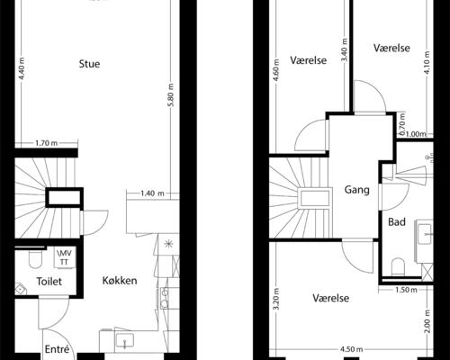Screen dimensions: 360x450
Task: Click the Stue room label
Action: tap(89, 64)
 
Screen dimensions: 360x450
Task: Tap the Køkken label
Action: tap(120, 281)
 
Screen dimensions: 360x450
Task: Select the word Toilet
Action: tap(48, 282)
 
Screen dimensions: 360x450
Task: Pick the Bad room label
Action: tap(396, 221)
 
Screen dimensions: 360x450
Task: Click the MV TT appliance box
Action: tap(65, 256)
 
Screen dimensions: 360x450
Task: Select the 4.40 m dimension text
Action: tap(20, 70)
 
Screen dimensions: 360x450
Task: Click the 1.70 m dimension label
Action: tap(47, 143)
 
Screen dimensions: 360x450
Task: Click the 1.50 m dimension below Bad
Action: tap(406, 290)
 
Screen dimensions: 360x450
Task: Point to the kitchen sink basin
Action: tap(126, 341)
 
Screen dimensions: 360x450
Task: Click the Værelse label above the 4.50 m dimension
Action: tap(331, 298)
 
